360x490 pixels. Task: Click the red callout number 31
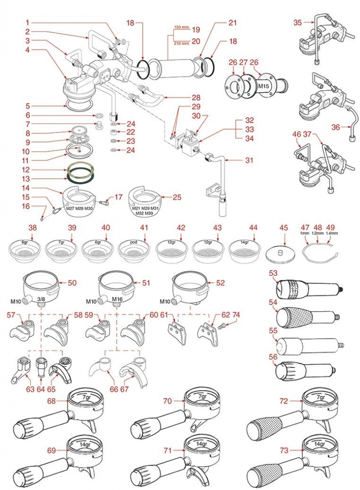click(x=249, y=160)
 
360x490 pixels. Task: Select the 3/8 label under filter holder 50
click(x=42, y=302)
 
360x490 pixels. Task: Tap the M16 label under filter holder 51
click(x=118, y=302)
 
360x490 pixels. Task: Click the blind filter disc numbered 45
click(x=280, y=253)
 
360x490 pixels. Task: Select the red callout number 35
click(x=298, y=22)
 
